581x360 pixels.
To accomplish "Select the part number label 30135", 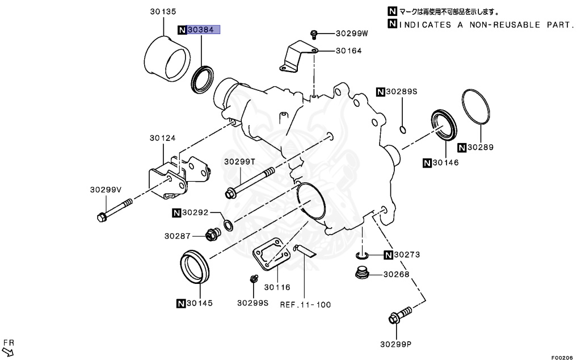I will (x=163, y=11).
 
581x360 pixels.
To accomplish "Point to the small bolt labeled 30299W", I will (x=313, y=34).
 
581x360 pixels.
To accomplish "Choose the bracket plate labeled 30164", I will (x=297, y=58).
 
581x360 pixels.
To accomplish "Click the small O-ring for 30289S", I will (x=403, y=129).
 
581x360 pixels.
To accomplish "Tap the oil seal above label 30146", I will (x=444, y=124).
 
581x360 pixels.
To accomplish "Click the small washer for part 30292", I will (x=228, y=226).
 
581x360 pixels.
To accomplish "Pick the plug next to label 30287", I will (x=213, y=234).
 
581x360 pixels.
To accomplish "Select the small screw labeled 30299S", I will (x=255, y=278).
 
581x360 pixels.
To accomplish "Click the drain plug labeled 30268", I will (x=361, y=274).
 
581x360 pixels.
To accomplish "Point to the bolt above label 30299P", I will (x=401, y=316).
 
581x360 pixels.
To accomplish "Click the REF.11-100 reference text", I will (x=305, y=304).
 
